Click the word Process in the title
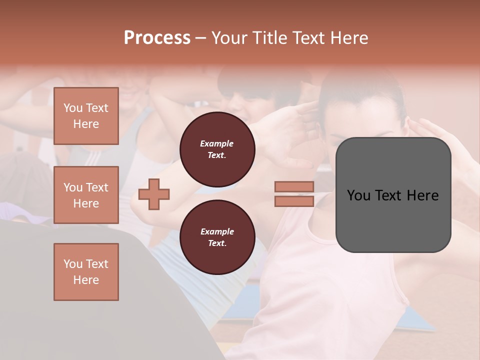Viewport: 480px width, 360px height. tap(157, 38)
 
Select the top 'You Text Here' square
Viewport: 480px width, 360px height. tap(86, 116)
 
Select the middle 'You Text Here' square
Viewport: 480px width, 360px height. tap(86, 195)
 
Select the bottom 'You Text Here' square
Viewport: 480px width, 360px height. tap(86, 272)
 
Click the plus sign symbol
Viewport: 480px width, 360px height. tap(154, 194)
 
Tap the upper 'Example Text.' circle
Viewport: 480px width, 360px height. tap(217, 149)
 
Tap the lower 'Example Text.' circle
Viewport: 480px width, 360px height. tap(217, 237)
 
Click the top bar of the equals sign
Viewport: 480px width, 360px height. tap(294, 187)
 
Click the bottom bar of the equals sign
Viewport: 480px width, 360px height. tap(294, 201)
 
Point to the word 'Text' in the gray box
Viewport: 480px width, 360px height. tap(391, 195)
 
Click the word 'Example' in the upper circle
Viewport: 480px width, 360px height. tap(217, 144)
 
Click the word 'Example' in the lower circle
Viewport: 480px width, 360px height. tap(217, 232)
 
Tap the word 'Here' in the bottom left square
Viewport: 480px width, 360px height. tap(86, 280)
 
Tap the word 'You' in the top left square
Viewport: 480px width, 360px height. tap(73, 108)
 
